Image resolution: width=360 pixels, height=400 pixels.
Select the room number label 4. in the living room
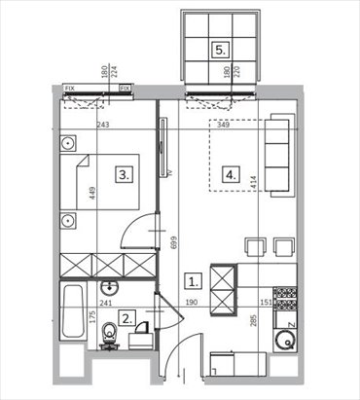pos(231,175)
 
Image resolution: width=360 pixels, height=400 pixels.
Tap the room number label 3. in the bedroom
pos(125,175)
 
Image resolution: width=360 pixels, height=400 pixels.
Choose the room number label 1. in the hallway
pos(194,282)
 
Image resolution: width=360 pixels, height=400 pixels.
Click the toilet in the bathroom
pos(110,337)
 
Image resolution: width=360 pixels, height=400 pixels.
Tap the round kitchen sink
pos(284,341)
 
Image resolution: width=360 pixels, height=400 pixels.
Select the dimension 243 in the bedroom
pos(103,126)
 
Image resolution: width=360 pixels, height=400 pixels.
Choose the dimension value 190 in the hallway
pos(193,303)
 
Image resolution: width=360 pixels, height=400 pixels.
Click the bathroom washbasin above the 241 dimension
pos(111,287)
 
